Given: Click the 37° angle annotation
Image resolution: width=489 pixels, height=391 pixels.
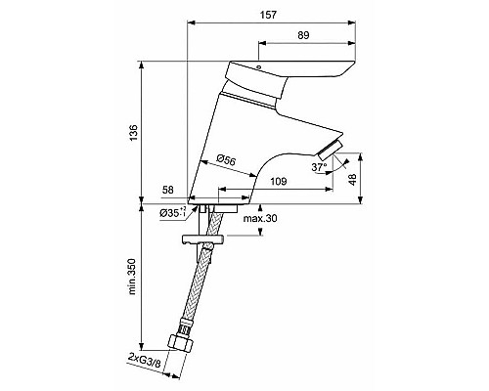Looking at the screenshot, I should point(317,167).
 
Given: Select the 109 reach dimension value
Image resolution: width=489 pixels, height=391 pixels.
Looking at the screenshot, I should point(278,182).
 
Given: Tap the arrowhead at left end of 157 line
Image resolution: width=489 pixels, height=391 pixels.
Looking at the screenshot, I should point(190,23).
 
